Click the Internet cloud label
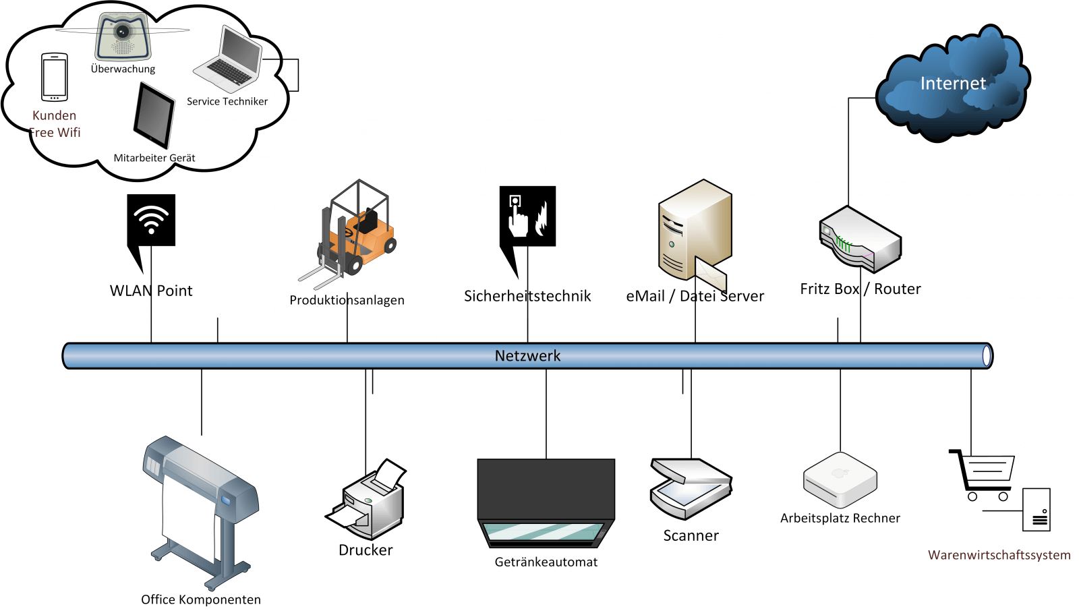953,84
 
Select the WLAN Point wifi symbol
151,220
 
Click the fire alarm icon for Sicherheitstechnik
527,216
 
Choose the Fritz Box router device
860,239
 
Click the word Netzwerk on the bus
527,356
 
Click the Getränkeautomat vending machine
546,502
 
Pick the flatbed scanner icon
691,489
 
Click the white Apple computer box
840,480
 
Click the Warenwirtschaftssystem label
999,555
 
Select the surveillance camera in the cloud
122,37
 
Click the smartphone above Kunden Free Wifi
55,77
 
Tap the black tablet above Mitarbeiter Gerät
154,115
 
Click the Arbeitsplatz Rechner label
840,519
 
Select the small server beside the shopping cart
1037,510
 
